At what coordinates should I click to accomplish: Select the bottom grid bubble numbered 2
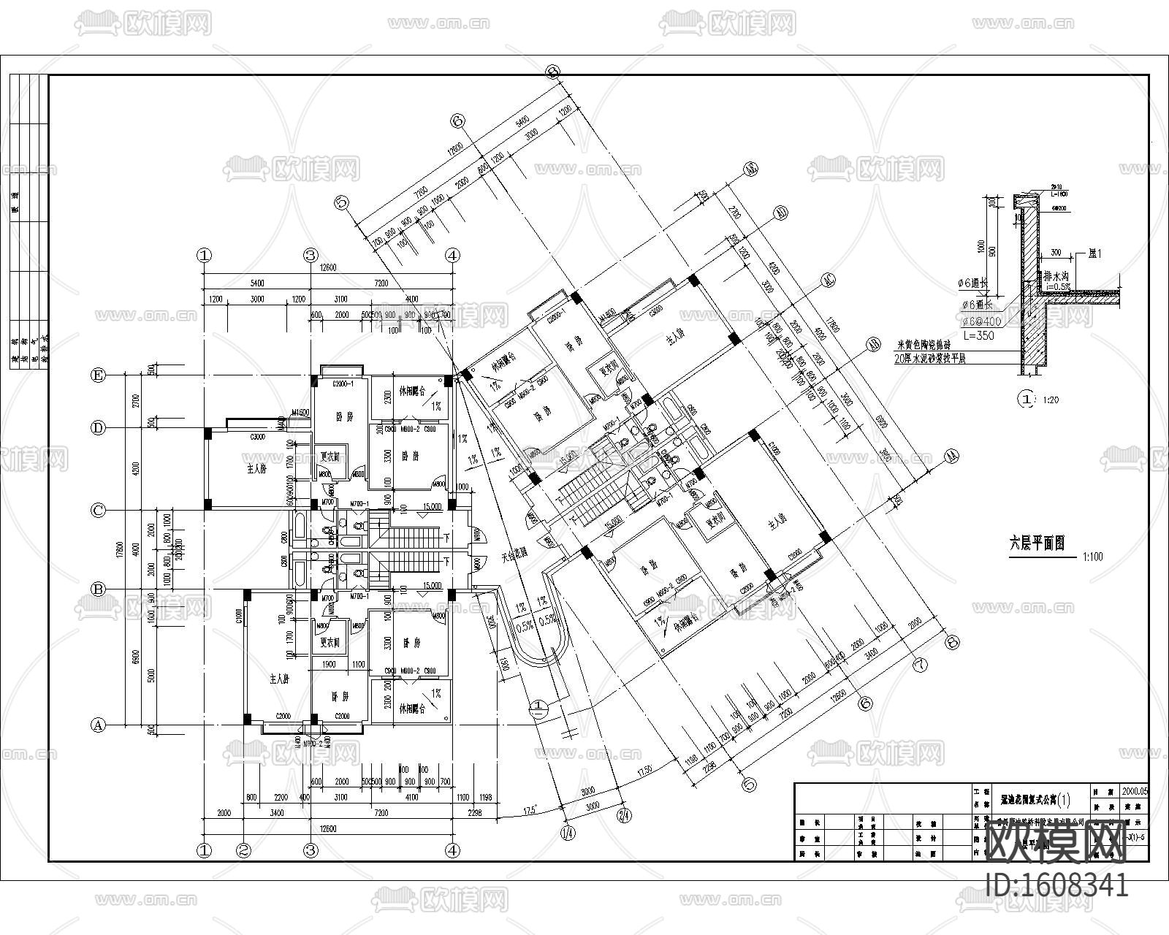tap(244, 850)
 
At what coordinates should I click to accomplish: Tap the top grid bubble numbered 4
tap(453, 255)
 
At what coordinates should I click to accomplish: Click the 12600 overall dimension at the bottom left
tap(327, 828)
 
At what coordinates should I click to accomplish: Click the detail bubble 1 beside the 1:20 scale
tap(1027, 400)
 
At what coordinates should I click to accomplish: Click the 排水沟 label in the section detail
tap(1057, 276)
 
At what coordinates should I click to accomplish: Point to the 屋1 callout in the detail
tap(1094, 253)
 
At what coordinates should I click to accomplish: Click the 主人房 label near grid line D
tap(252, 468)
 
